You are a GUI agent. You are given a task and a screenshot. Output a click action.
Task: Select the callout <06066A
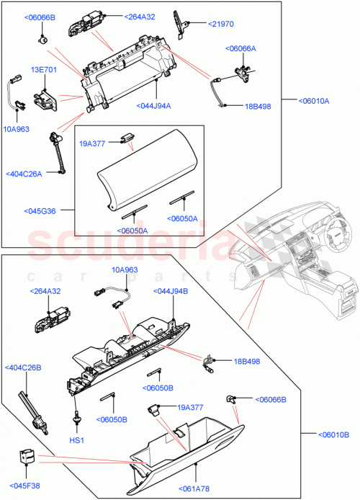241,48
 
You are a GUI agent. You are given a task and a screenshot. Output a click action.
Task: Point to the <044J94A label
153,106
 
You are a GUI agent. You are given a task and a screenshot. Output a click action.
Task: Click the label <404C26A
24,174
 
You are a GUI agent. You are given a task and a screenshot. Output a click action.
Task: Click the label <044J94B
171,291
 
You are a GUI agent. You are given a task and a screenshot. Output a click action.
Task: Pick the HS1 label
76,439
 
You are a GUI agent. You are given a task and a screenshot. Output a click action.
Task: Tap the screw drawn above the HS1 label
76,419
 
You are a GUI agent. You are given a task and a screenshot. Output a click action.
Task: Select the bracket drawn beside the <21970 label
179,24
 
